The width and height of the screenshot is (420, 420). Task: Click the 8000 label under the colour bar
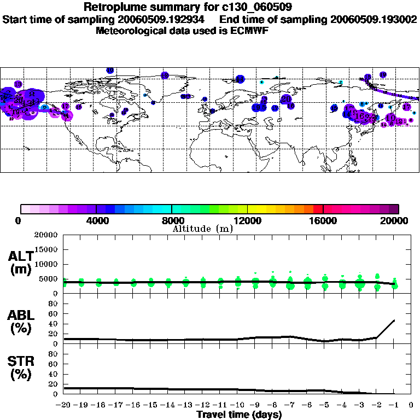pos(171,220)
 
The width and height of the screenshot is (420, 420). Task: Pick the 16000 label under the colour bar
pos(323,220)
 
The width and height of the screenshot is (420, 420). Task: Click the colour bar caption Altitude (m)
pos(202,229)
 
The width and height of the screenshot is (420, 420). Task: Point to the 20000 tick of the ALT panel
pos(47,235)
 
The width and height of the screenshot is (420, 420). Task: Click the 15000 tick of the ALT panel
pos(47,250)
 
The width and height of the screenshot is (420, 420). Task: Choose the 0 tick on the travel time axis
pos(411,405)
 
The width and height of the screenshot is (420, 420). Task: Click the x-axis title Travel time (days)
pos(239,415)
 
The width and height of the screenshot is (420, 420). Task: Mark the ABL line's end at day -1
pos(394,320)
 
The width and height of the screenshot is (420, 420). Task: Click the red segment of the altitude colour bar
pos(318,208)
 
